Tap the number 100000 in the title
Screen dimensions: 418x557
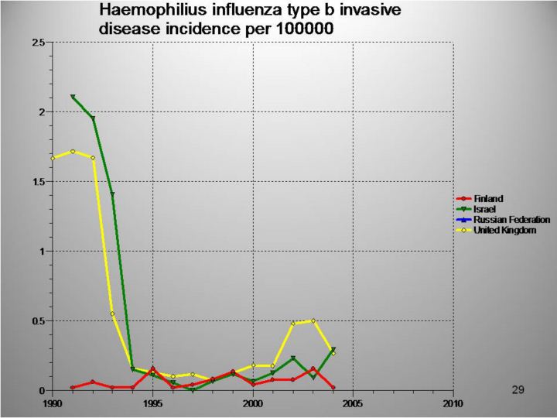pos(313,29)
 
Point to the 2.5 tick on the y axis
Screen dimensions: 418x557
pos(36,42)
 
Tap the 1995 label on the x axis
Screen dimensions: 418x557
pos(153,403)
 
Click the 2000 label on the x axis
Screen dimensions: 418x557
pos(253,403)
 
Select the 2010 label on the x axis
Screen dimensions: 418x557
pos(453,403)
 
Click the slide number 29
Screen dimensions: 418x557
pos(518,389)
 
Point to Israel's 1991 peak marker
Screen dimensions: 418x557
pos(73,97)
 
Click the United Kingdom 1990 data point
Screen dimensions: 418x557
pos(53,158)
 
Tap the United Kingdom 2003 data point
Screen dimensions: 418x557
pos(313,320)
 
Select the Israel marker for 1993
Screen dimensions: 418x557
pos(113,194)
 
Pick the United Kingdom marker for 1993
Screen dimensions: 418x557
pos(113,313)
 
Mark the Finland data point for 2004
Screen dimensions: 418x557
pos(333,387)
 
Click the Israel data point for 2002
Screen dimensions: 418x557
pos(293,358)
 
